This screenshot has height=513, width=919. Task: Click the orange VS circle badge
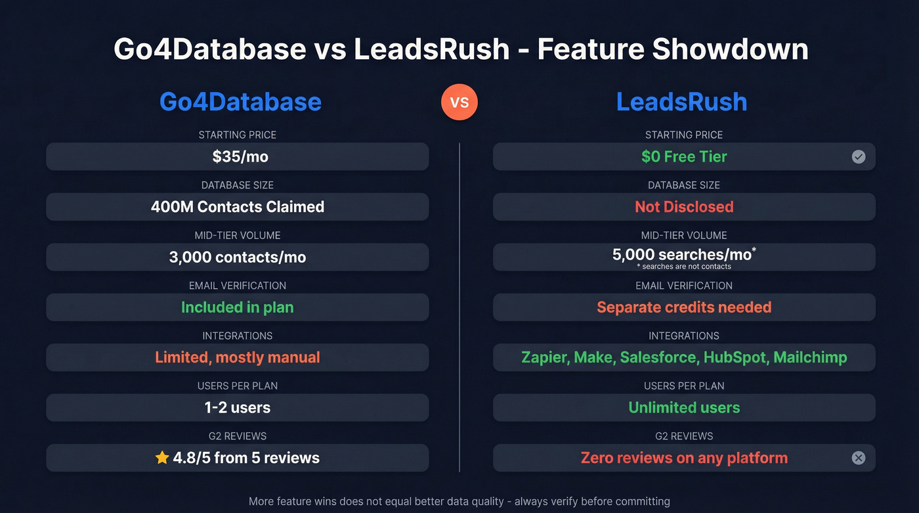coord(460,102)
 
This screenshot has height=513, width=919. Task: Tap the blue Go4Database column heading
coord(240,102)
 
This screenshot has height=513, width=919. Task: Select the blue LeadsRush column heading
coord(681,102)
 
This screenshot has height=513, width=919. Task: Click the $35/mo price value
coord(237,157)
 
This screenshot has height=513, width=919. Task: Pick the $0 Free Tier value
coord(684,157)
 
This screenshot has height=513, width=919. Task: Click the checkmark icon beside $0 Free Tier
coord(858,157)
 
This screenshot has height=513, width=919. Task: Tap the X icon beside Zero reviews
coord(858,458)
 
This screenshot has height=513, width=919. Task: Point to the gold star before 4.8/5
coord(162,458)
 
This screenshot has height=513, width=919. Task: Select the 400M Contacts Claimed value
coord(237,207)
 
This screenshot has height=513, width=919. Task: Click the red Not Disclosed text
coord(684,207)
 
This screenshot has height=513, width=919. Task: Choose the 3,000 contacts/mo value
coord(237,257)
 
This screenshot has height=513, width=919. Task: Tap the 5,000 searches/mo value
coord(681,254)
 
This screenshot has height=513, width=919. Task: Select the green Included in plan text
coord(237,307)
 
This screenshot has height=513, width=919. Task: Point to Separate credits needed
coord(684,307)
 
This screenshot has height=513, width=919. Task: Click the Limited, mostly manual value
coord(237,357)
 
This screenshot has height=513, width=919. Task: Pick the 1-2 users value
coord(237,407)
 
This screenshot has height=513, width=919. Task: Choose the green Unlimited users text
coord(684,407)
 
